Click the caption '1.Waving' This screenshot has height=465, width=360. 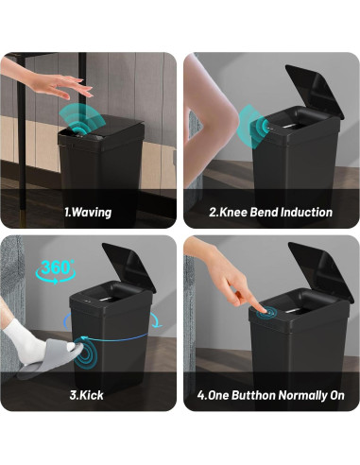click(88, 212)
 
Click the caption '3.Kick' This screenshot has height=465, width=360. click(86, 395)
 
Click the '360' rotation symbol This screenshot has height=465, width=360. click(56, 271)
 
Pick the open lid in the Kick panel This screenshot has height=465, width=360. click(129, 267)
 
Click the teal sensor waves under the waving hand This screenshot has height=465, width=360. click(82, 121)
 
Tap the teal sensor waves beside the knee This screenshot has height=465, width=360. click(253, 127)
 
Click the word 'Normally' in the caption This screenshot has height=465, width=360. click(303, 395)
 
